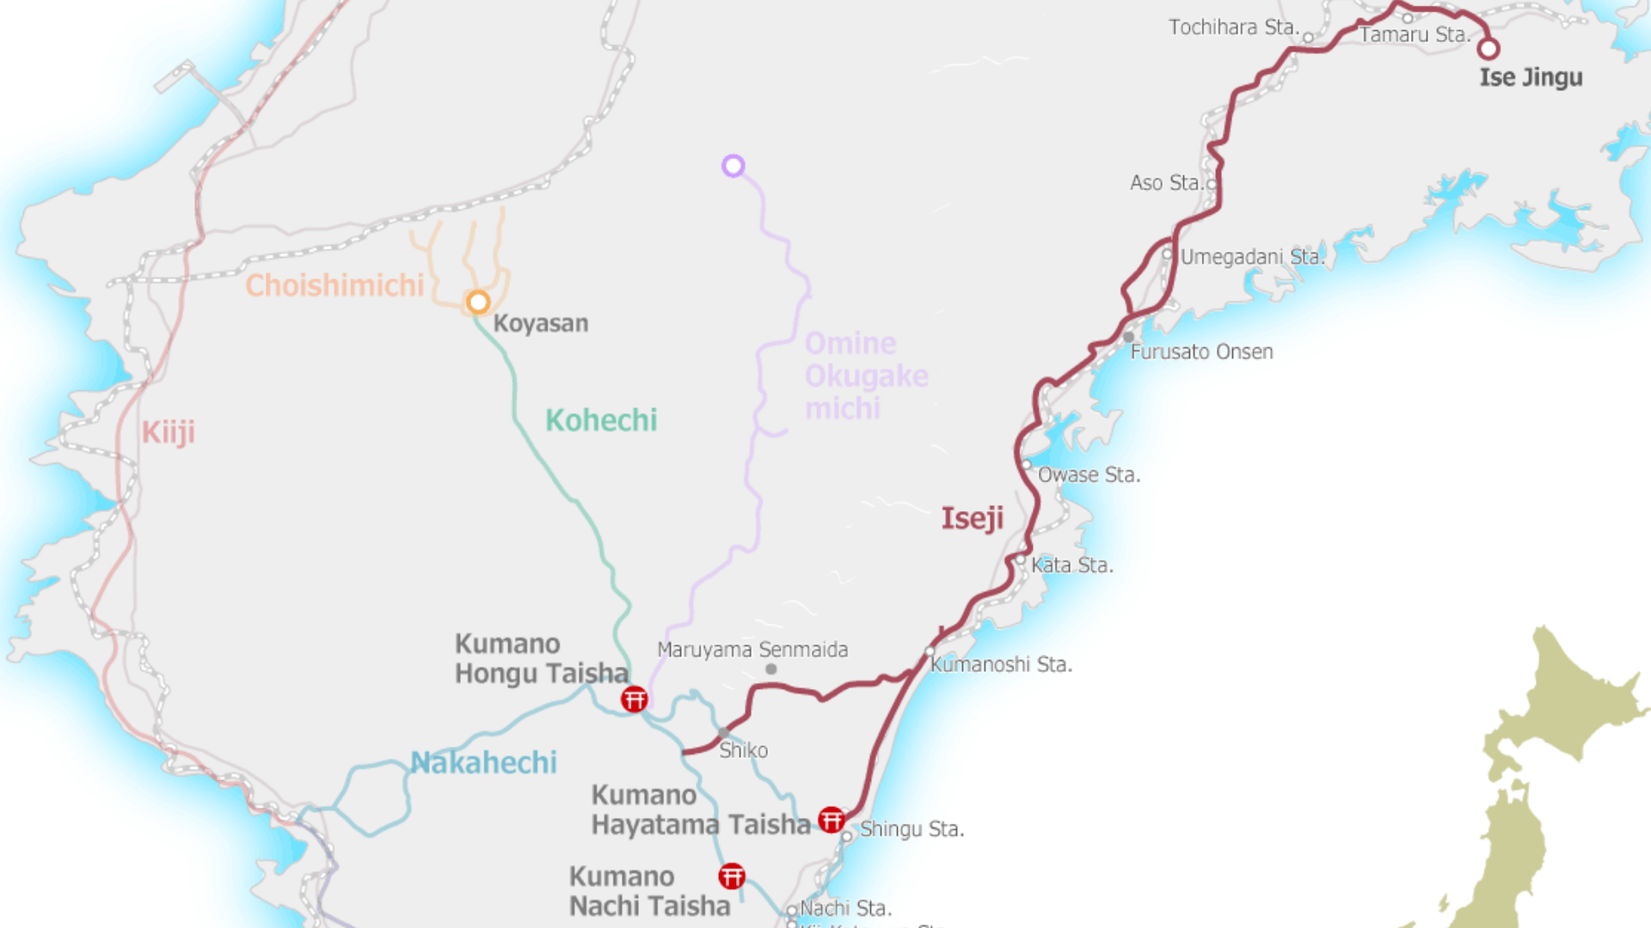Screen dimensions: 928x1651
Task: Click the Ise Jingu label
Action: (1531, 77)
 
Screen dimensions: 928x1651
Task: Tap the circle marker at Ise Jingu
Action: (1488, 49)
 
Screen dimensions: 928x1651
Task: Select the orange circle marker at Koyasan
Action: (478, 302)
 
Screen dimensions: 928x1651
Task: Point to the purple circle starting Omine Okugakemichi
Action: (733, 166)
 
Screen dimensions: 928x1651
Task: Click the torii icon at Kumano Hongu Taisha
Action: (635, 699)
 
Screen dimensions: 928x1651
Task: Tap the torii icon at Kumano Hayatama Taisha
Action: (831, 820)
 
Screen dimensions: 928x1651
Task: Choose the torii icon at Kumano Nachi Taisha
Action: (732, 876)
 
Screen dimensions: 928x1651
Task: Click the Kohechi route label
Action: (601, 420)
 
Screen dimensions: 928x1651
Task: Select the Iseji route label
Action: (973, 518)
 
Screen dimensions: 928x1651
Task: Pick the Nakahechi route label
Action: (483, 762)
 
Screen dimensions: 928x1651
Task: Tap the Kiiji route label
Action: (169, 432)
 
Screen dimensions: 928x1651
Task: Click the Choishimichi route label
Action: (334, 285)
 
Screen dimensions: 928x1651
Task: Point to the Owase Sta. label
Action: (1089, 475)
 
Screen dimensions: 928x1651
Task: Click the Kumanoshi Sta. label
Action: (1001, 664)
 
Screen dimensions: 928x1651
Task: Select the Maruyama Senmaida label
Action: (752, 650)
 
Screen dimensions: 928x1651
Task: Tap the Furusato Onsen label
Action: (1201, 351)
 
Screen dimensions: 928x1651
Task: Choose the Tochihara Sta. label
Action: (1233, 27)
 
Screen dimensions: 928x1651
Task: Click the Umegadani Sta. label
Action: (1252, 257)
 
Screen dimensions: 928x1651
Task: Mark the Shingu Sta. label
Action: (911, 829)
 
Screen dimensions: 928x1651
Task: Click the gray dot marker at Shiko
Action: (723, 733)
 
